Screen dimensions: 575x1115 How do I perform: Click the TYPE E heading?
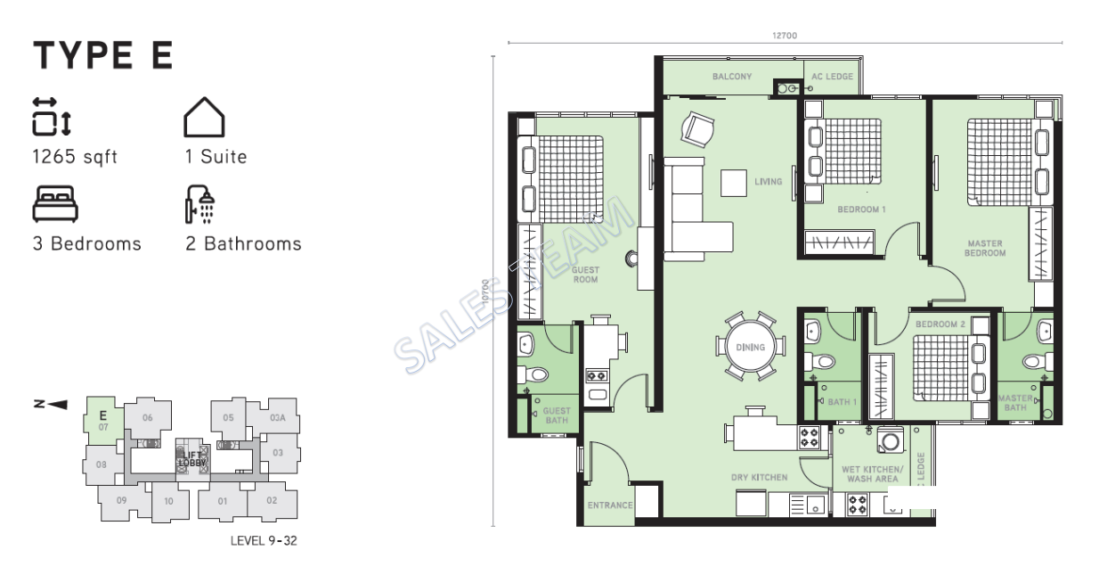[x=103, y=55]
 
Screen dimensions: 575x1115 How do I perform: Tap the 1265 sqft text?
[x=75, y=157]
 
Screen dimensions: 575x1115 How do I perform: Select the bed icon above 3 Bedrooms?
[x=55, y=204]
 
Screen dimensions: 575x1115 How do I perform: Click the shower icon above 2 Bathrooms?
[x=200, y=204]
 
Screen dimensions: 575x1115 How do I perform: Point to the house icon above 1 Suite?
[x=204, y=117]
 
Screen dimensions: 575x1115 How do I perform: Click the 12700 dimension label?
[x=784, y=36]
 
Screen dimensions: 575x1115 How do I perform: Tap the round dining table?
[x=750, y=347]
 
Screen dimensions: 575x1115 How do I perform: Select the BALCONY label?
[x=732, y=77]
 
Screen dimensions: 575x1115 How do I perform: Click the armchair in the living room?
[x=696, y=129]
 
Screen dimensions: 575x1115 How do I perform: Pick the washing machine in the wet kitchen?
[x=890, y=440]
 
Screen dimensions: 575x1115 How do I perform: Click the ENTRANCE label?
[x=609, y=505]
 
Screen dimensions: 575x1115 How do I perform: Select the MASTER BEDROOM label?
[x=985, y=248]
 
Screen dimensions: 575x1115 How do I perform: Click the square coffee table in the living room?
[x=735, y=182]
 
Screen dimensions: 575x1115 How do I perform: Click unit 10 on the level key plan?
[x=168, y=501]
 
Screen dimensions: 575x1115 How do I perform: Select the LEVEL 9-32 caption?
[x=263, y=540]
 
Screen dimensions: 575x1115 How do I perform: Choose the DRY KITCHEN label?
[x=759, y=478]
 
